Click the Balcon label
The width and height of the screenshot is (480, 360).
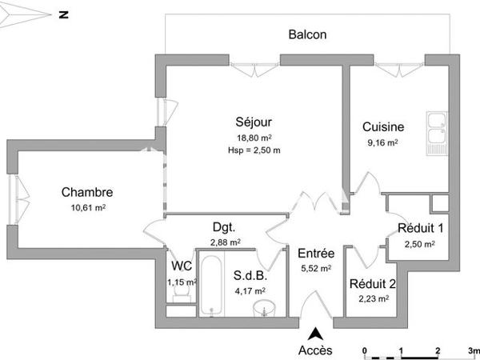[x=307, y=35]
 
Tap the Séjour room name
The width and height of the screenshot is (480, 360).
[x=254, y=122]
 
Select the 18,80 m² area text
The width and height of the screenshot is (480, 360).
[x=254, y=137]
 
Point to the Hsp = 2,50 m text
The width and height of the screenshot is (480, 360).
[x=254, y=150]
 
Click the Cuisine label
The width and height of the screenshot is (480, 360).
[x=383, y=127]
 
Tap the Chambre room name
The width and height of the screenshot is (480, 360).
[x=87, y=192]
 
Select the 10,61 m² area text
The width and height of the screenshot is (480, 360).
[x=88, y=207]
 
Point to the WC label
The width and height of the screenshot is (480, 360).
[x=179, y=267]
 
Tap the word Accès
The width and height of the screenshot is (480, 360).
[x=314, y=350]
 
